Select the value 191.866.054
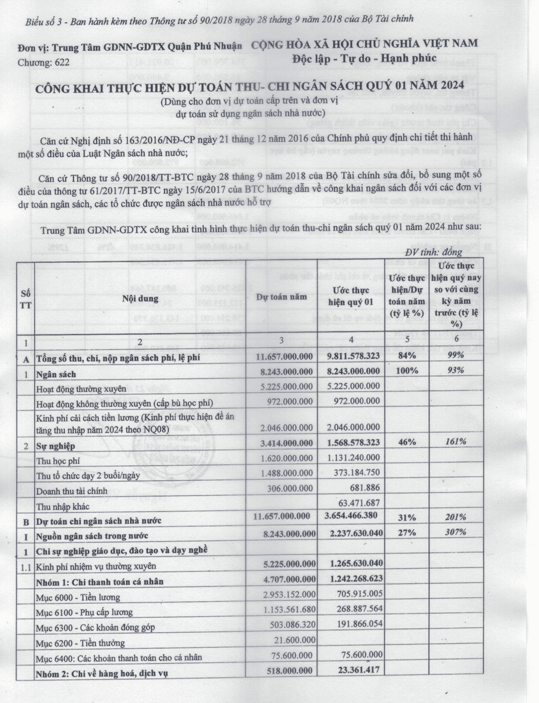coord(355,626)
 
